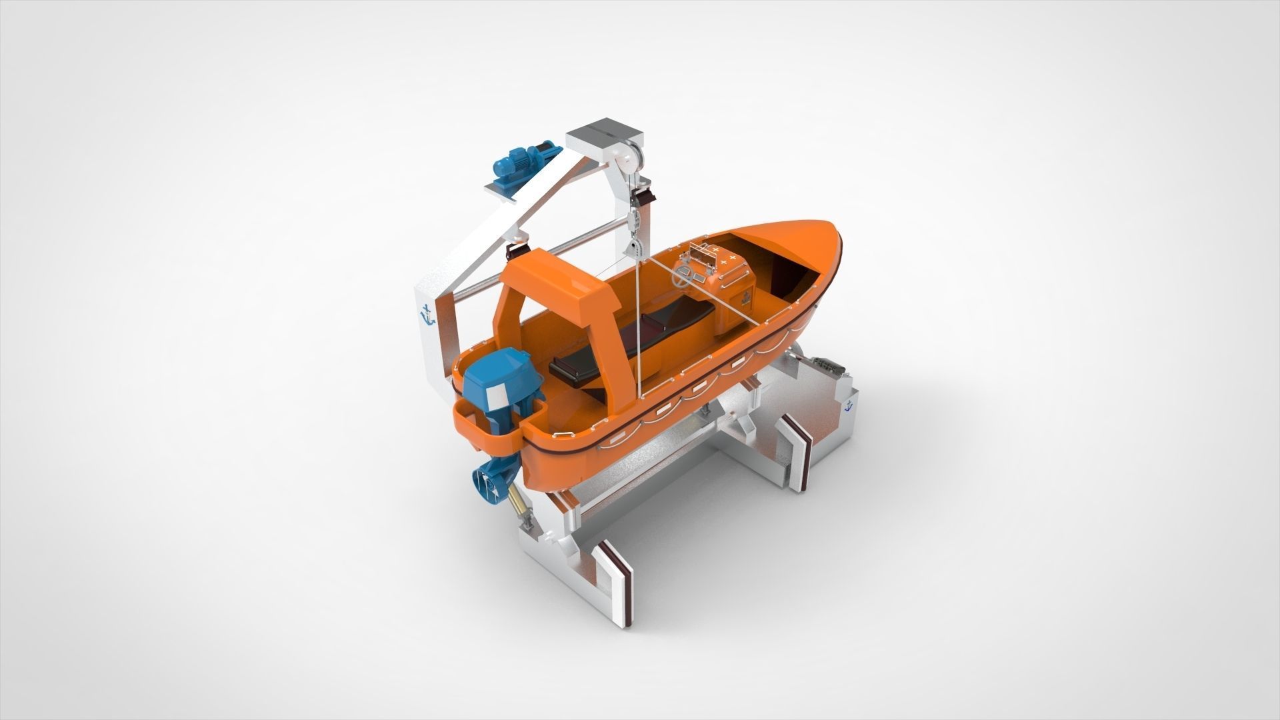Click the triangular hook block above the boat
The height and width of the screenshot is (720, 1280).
(x=633, y=249)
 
